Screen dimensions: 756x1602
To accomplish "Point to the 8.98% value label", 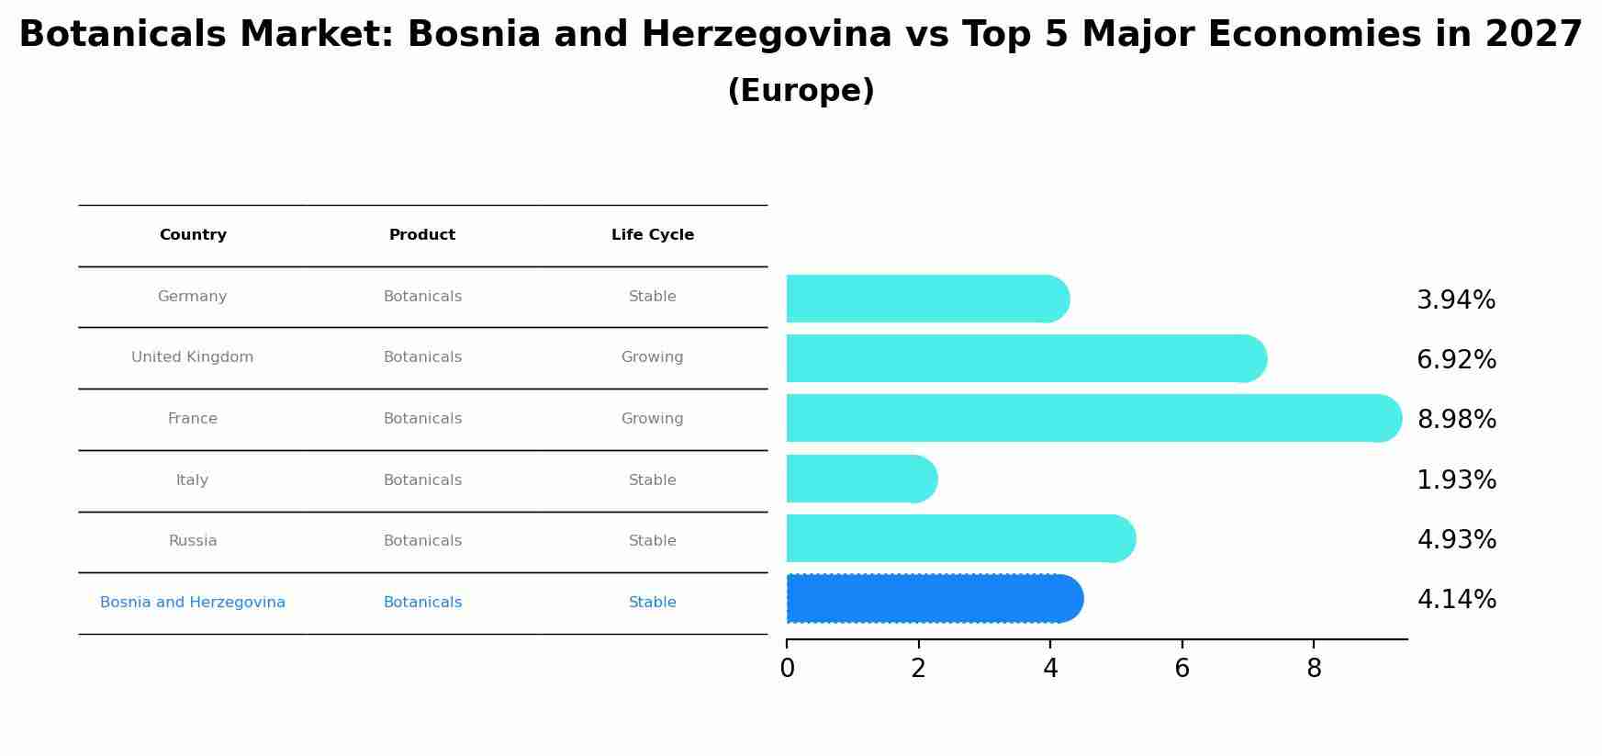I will (x=1456, y=420).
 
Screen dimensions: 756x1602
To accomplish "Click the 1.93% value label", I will (x=1456, y=480).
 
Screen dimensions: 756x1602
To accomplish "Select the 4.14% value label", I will (x=1456, y=600).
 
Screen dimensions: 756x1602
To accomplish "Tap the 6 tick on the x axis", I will (x=1182, y=669).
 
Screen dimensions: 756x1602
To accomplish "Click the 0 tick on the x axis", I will (x=787, y=669).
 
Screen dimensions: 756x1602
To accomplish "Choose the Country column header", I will (x=193, y=235).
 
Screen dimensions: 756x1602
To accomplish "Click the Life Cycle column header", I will (x=653, y=235).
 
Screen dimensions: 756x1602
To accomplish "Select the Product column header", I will (x=422, y=235).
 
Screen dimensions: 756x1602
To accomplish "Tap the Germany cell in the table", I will (x=193, y=297).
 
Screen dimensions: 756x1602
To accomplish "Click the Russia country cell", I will (x=193, y=541).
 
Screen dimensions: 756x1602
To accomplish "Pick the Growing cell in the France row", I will (x=653, y=419).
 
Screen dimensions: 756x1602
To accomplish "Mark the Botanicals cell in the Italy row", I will (x=422, y=480).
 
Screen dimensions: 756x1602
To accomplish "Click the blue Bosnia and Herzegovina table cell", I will (x=193, y=603).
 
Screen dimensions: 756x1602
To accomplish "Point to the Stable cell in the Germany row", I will (x=653, y=297).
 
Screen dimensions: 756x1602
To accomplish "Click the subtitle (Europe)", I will (x=801, y=91).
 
